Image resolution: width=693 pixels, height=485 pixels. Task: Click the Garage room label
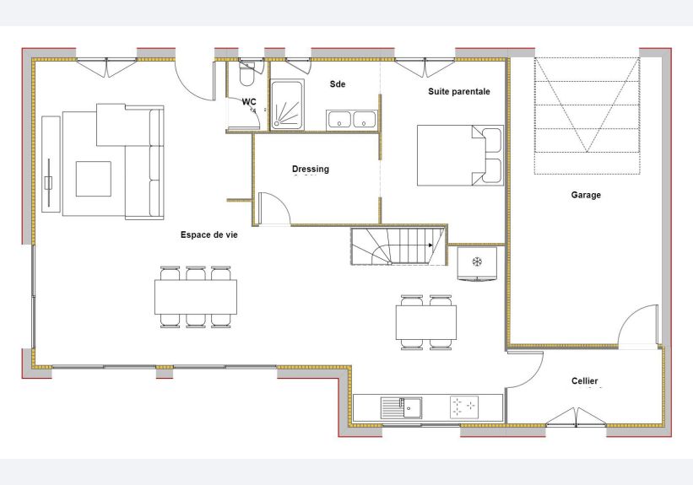tap(586, 195)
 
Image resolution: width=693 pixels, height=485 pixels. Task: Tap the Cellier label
tap(584, 380)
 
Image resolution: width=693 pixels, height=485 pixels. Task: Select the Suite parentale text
tap(458, 91)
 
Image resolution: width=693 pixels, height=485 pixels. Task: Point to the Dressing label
tap(311, 169)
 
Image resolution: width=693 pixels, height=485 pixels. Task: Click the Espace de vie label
tap(208, 234)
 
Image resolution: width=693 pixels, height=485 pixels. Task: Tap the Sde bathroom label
tap(338, 84)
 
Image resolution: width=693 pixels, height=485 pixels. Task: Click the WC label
tap(249, 102)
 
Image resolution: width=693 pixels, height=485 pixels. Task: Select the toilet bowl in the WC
tap(246, 73)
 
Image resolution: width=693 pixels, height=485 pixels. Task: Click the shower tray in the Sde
tap(287, 105)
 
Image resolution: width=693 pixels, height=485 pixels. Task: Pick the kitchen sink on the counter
tap(401, 407)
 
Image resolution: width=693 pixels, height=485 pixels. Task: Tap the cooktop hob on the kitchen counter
tap(464, 407)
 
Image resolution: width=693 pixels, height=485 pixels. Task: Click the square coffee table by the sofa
tap(93, 179)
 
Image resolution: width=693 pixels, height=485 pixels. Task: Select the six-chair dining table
tap(195, 297)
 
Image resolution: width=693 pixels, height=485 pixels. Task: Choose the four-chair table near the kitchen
tap(426, 322)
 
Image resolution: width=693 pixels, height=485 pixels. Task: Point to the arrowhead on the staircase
tap(430, 245)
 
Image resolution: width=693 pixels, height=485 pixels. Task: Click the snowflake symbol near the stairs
tap(477, 262)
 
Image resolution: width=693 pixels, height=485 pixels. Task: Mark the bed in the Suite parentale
tap(460, 155)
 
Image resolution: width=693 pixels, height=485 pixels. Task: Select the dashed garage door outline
tap(587, 116)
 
